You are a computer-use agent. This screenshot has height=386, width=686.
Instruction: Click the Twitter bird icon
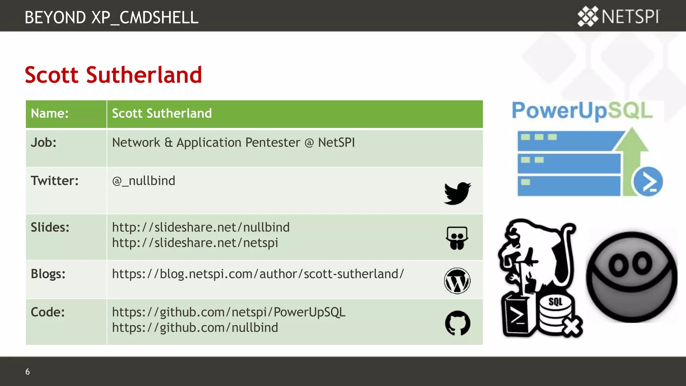pos(457,193)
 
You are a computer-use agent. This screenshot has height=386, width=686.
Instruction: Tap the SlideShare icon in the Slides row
pos(457,238)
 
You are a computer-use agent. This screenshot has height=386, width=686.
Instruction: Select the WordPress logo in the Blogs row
pos(457,281)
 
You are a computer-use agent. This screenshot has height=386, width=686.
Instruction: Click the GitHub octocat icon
pos(458,323)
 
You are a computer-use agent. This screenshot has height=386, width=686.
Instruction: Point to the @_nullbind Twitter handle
pos(143,181)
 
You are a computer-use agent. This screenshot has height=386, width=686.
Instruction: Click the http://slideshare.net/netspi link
pos(195,243)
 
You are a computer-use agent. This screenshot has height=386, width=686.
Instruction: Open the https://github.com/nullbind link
pos(195,328)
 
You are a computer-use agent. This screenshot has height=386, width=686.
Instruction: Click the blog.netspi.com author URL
pos(258,274)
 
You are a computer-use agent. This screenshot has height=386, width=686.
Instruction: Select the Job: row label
pos(44,143)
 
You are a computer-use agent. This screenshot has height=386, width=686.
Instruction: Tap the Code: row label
pos(48,312)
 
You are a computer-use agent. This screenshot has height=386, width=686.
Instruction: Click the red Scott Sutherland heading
pos(113,75)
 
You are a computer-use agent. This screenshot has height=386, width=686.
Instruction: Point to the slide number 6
pos(27,372)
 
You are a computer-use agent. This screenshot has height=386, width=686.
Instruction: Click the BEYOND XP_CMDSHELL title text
pos(111,17)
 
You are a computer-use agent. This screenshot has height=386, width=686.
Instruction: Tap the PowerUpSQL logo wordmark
pos(582,111)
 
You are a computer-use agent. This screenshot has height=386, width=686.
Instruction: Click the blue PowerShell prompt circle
pos(648,182)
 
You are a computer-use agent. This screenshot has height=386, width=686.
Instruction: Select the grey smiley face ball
pos(631,277)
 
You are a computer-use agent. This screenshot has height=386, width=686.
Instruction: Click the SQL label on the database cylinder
pos(555,302)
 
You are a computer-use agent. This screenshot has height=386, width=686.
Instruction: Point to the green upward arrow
pos(632,151)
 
